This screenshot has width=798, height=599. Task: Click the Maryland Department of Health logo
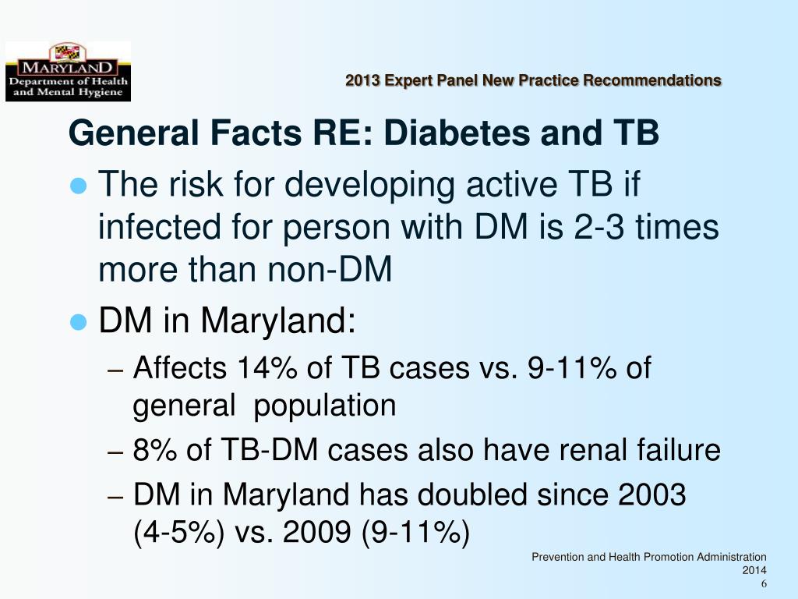(68, 72)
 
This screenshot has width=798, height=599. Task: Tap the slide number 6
(764, 585)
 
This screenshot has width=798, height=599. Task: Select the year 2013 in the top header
(362, 80)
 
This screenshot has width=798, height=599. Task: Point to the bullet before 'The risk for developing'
(78, 186)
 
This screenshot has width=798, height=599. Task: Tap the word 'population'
(325, 406)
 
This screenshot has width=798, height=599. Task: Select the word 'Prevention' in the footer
(557, 557)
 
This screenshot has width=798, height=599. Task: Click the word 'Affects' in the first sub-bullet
(178, 367)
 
